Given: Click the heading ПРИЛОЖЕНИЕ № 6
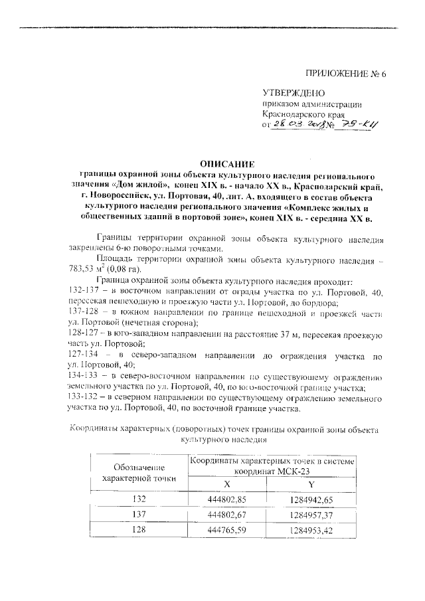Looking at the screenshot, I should [x=345, y=73].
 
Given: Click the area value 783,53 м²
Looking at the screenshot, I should [x=88, y=269].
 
